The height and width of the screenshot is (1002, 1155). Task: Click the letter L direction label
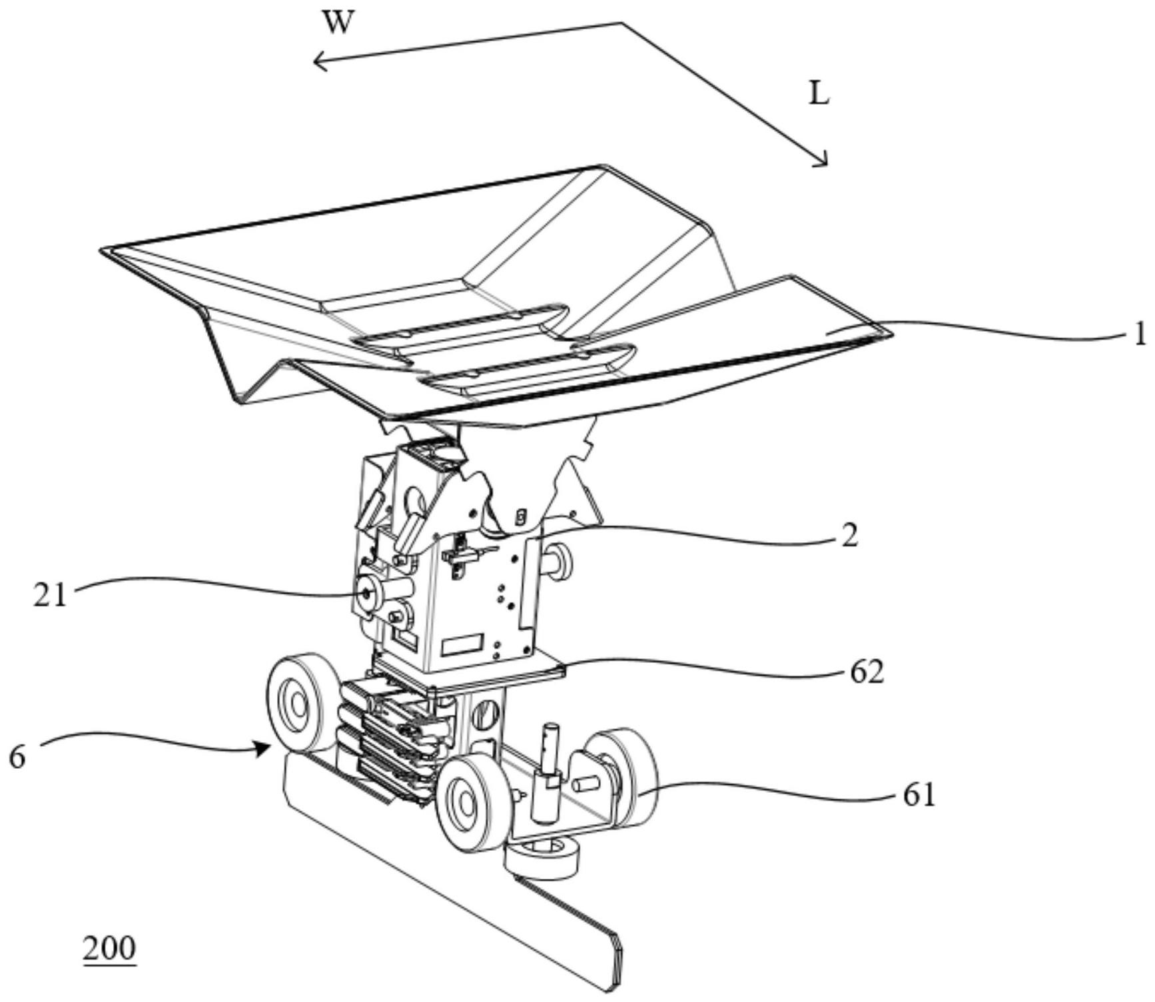[x=819, y=95]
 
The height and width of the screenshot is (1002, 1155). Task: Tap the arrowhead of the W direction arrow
[x=318, y=62]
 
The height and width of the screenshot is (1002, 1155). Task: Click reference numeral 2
[x=849, y=535]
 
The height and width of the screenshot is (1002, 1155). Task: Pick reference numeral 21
[x=51, y=595]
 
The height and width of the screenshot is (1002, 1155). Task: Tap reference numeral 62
[x=867, y=673]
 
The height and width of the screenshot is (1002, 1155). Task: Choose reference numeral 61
[x=919, y=795]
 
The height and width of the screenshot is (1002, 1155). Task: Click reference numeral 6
[x=17, y=758]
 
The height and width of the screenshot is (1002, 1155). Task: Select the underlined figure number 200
[x=109, y=949]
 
